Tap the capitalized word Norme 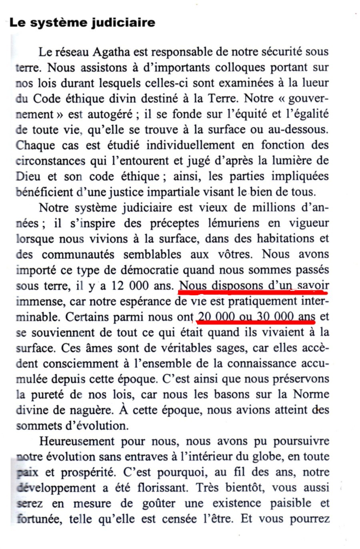coord(311,394)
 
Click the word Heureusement coord(76,441)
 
